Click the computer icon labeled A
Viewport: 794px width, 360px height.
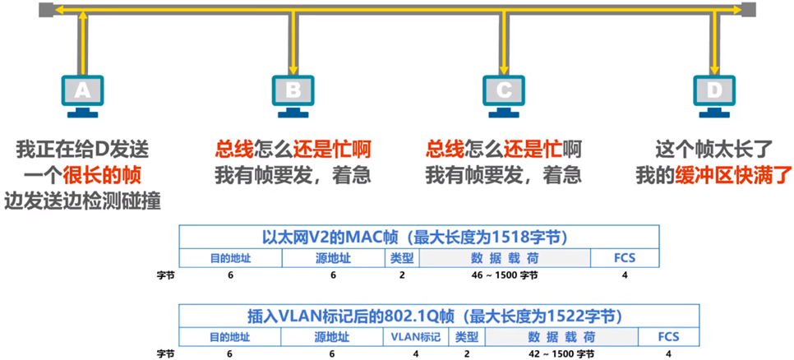pyautogui.click(x=82, y=93)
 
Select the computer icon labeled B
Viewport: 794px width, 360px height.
pyautogui.click(x=293, y=93)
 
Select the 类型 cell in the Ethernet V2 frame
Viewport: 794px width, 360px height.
pyautogui.click(x=402, y=258)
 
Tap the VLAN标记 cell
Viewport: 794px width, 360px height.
pyautogui.click(x=416, y=337)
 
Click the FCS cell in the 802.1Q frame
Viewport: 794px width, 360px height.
pyautogui.click(x=669, y=337)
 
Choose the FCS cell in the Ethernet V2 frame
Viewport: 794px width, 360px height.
pyautogui.click(x=625, y=258)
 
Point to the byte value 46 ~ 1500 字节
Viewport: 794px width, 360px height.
pyautogui.click(x=505, y=275)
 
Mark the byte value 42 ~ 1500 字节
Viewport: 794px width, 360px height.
pyautogui.click(x=561, y=354)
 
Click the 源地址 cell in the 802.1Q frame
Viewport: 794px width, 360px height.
pyautogui.click(x=332, y=337)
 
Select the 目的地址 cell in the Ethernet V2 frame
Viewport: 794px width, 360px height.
pyautogui.click(x=230, y=258)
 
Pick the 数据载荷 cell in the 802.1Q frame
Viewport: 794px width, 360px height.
pyautogui.click(x=562, y=337)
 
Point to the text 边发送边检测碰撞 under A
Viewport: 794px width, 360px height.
pyautogui.click(x=82, y=200)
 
